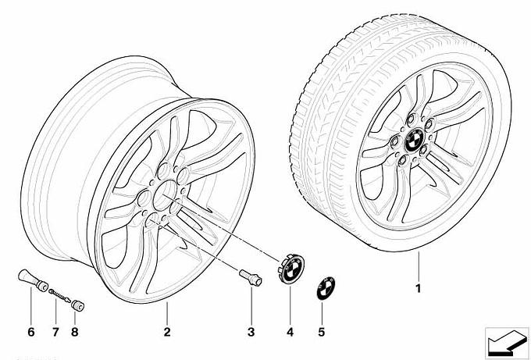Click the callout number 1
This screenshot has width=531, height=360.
click(419, 288)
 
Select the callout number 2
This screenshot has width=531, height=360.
click(167, 332)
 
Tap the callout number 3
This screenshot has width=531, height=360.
click(251, 332)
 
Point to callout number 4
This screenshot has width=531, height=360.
click(290, 332)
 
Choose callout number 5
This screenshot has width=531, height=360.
click(322, 332)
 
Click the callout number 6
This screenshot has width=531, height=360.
click(30, 332)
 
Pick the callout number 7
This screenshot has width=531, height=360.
click(55, 332)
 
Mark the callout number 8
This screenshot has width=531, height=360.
click(74, 332)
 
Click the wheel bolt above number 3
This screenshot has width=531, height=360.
click(251, 277)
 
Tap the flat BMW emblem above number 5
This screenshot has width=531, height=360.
click(326, 288)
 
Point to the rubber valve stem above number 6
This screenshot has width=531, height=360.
click(33, 280)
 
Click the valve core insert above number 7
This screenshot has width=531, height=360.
click(59, 295)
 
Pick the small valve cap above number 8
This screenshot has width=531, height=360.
click(77, 306)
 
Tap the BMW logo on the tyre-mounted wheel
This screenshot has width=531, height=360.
click(414, 141)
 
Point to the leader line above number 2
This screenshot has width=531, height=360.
click(167, 312)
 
